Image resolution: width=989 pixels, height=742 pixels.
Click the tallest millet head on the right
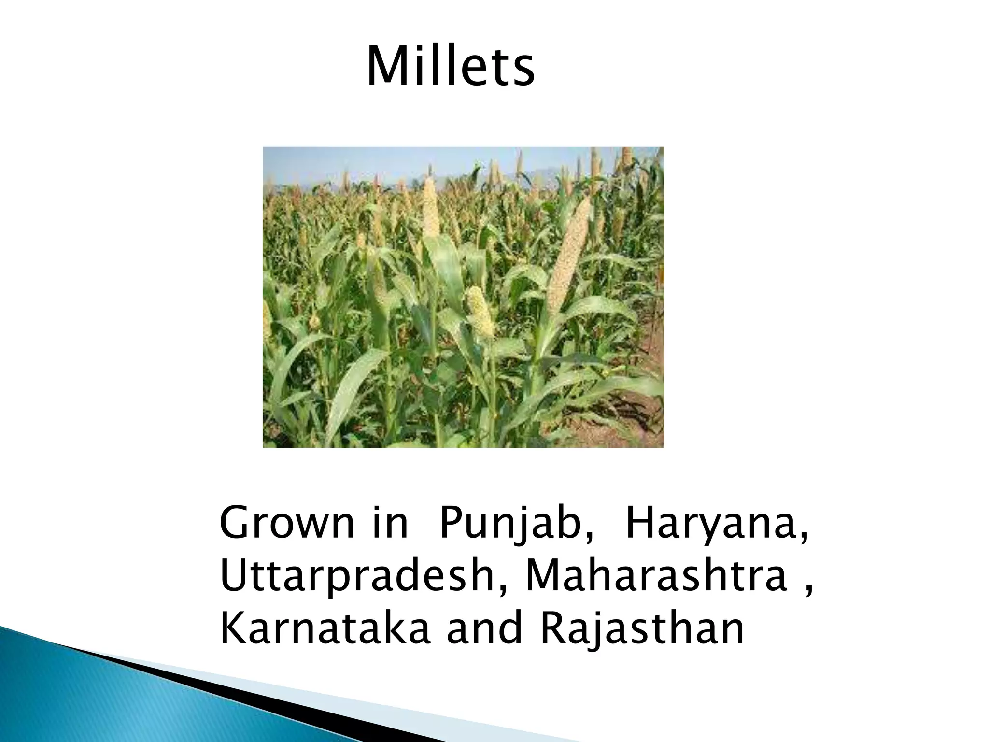[x=570, y=256]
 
